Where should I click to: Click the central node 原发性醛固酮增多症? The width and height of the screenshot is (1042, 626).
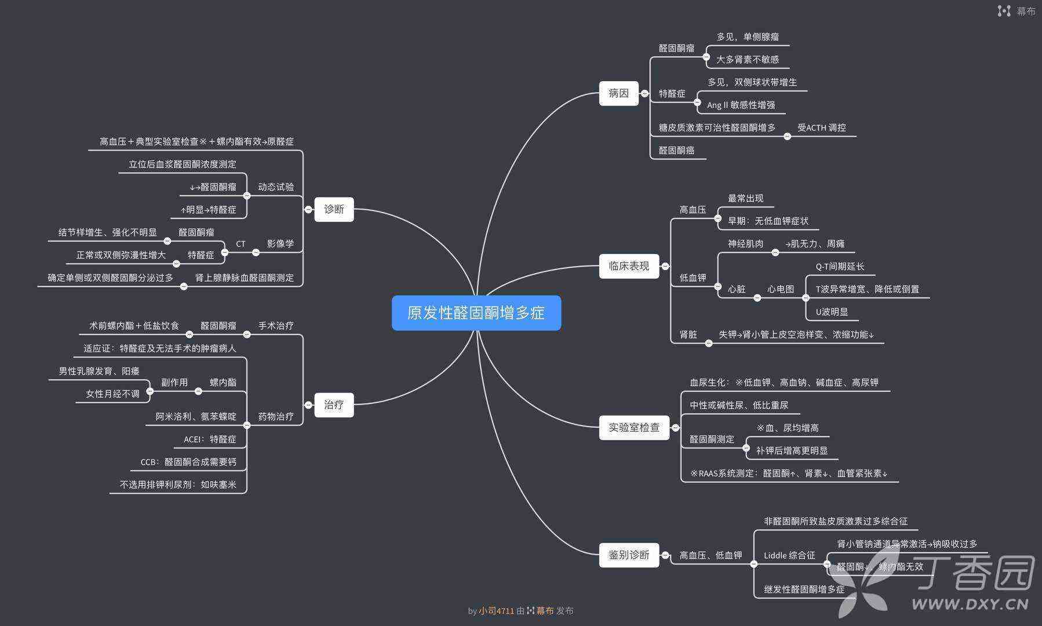(x=476, y=313)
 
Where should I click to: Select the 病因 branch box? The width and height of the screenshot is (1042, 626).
(x=618, y=93)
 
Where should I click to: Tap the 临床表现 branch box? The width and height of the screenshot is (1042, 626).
(x=629, y=266)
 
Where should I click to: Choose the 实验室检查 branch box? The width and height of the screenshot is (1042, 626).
(x=633, y=428)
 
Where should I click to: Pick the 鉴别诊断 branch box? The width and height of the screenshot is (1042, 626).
(x=629, y=555)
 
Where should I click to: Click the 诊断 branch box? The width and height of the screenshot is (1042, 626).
(x=334, y=209)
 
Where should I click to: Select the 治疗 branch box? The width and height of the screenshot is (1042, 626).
(x=334, y=405)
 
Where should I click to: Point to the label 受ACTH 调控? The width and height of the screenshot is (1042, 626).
(x=821, y=128)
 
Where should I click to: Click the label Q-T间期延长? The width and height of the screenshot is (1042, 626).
(x=840, y=266)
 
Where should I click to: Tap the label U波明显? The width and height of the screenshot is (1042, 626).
(x=832, y=312)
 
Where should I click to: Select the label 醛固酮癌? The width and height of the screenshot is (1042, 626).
(x=676, y=150)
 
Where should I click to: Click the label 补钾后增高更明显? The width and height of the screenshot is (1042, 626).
(x=792, y=450)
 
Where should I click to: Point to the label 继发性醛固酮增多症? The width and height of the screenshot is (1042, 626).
(x=804, y=589)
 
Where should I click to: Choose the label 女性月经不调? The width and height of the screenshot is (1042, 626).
(x=112, y=394)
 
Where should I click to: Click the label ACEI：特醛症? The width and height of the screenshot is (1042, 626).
(x=210, y=439)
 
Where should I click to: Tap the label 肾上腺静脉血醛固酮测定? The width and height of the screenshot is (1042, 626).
(x=244, y=278)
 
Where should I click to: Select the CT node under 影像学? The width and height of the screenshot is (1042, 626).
(x=241, y=244)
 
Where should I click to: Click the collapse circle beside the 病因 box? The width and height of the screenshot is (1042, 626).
(x=644, y=93)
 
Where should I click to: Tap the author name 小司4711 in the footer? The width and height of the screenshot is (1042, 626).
(x=496, y=610)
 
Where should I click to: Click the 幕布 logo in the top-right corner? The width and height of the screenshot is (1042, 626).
(x=1017, y=11)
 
